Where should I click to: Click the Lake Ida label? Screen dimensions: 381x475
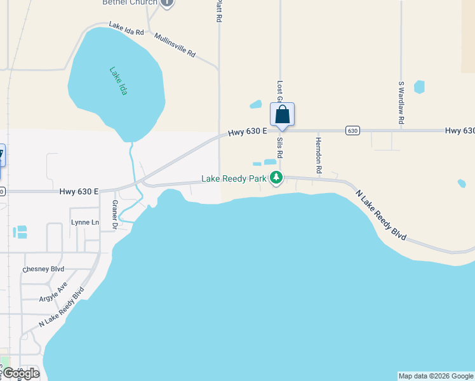tap(118, 81)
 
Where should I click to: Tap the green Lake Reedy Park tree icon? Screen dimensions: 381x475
tap(276, 178)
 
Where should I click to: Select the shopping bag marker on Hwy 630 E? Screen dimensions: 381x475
tap(283, 115)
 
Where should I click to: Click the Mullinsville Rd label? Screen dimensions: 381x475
tap(175, 46)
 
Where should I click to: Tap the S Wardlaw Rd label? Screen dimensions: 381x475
tap(401, 102)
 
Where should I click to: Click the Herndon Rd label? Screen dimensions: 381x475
tap(319, 156)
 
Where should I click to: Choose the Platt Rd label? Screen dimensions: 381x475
tap(218, 11)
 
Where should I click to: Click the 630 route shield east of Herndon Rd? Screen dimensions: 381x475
tap(352, 130)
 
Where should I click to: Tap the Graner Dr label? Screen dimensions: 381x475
tap(115, 214)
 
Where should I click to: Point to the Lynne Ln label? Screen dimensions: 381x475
tap(85, 222)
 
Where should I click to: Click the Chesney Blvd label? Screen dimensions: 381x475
tap(43, 269)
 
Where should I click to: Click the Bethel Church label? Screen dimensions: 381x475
tap(130, 3)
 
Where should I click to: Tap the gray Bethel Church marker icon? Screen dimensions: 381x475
tap(167, 3)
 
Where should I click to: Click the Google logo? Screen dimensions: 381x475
tap(20, 373)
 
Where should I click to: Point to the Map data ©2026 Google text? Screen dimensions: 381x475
tap(436, 376)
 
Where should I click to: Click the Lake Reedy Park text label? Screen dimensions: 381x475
tap(234, 179)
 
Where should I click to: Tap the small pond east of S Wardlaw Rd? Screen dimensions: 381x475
tap(419, 87)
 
